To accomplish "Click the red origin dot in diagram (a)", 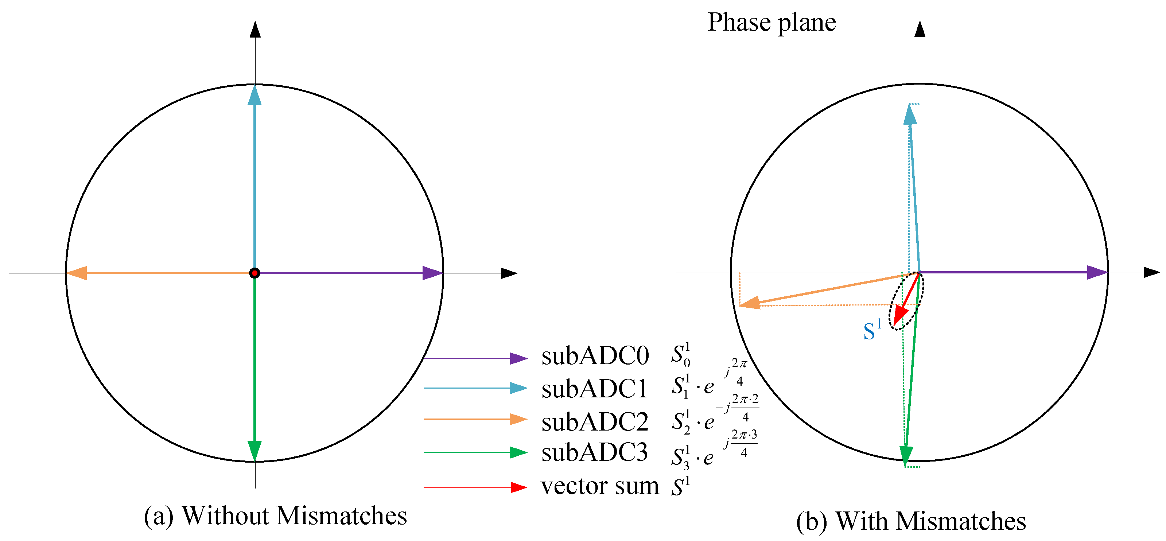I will (254, 273).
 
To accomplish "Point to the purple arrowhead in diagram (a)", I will (431, 273).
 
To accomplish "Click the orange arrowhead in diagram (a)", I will (77, 273).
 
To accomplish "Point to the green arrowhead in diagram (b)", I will (906, 455).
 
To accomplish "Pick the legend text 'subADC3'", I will (594, 452).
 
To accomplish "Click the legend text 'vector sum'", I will (600, 486).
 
